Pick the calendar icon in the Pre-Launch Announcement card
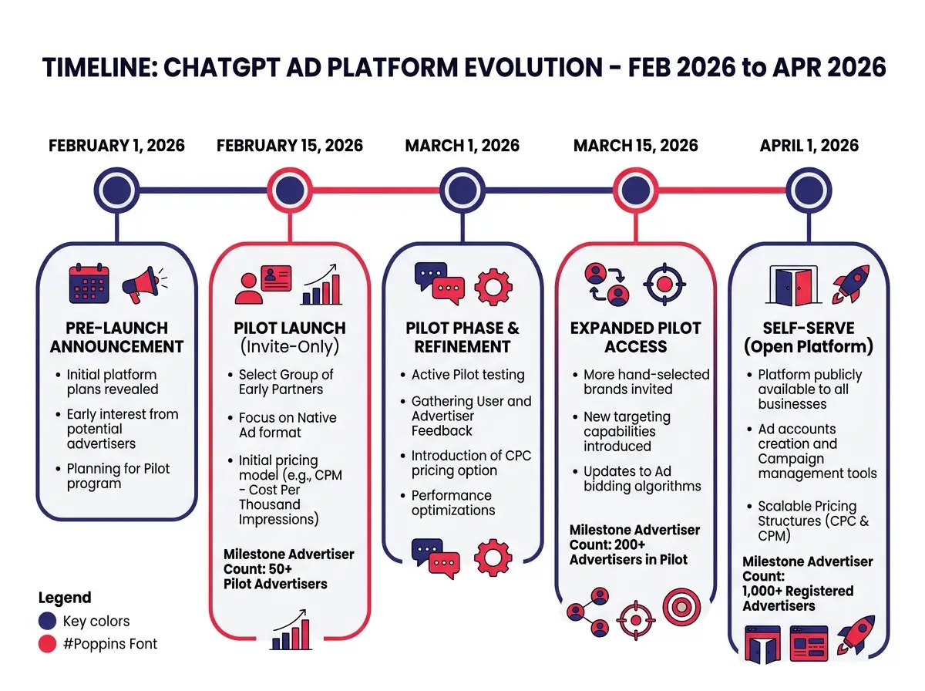coord(89,284)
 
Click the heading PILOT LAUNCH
coord(289,328)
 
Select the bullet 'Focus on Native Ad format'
coord(287,425)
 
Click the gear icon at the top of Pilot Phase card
coord(493,285)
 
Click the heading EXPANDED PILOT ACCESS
coord(635,337)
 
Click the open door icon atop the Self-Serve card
coord(792,285)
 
